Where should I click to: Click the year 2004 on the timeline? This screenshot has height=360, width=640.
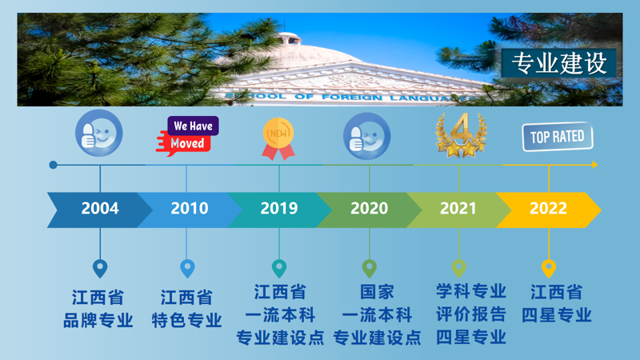[x=100, y=208]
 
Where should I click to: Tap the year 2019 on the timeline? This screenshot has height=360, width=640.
[x=279, y=208]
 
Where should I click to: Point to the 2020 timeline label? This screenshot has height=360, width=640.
[x=369, y=208]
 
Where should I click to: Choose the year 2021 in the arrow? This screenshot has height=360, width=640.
[x=458, y=208]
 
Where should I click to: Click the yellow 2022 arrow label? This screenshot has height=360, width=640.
[x=548, y=208]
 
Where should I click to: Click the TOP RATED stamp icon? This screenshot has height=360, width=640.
[x=558, y=137]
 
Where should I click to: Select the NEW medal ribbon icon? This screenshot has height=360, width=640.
[x=278, y=138]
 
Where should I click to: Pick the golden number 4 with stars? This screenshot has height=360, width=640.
[x=462, y=135]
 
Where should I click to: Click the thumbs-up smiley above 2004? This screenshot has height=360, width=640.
[x=98, y=133]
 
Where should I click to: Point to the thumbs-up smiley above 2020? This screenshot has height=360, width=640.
[x=367, y=136]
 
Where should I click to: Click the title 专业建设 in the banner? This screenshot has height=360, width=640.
[x=558, y=63]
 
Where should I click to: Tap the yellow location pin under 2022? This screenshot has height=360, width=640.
[x=549, y=268]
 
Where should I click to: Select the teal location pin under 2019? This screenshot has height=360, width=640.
[x=279, y=268]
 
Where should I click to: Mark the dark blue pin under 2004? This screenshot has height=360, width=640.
[x=100, y=268]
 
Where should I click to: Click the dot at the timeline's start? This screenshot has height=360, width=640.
[x=53, y=165]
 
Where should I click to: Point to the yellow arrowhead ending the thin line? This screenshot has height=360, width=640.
[x=595, y=165]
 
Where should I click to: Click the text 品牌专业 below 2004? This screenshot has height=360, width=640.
[x=98, y=321]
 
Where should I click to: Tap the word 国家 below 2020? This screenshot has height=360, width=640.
[x=377, y=292]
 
